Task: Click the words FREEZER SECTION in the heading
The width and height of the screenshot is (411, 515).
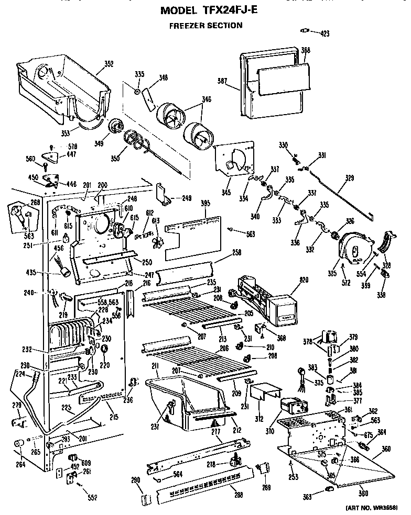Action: point(205,25)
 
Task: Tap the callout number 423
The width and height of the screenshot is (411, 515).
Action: point(325,33)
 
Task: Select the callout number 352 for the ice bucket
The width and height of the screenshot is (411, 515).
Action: point(109,64)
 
